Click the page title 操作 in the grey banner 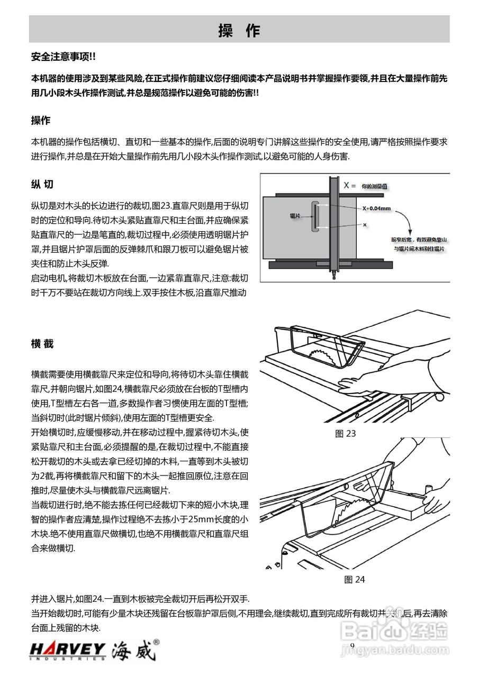[239, 31]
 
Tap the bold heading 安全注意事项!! [64, 57]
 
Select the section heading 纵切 [42, 185]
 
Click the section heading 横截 [42, 344]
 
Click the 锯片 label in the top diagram [295, 216]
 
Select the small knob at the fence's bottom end [333, 275]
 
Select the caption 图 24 [354, 579]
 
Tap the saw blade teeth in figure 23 [324, 354]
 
